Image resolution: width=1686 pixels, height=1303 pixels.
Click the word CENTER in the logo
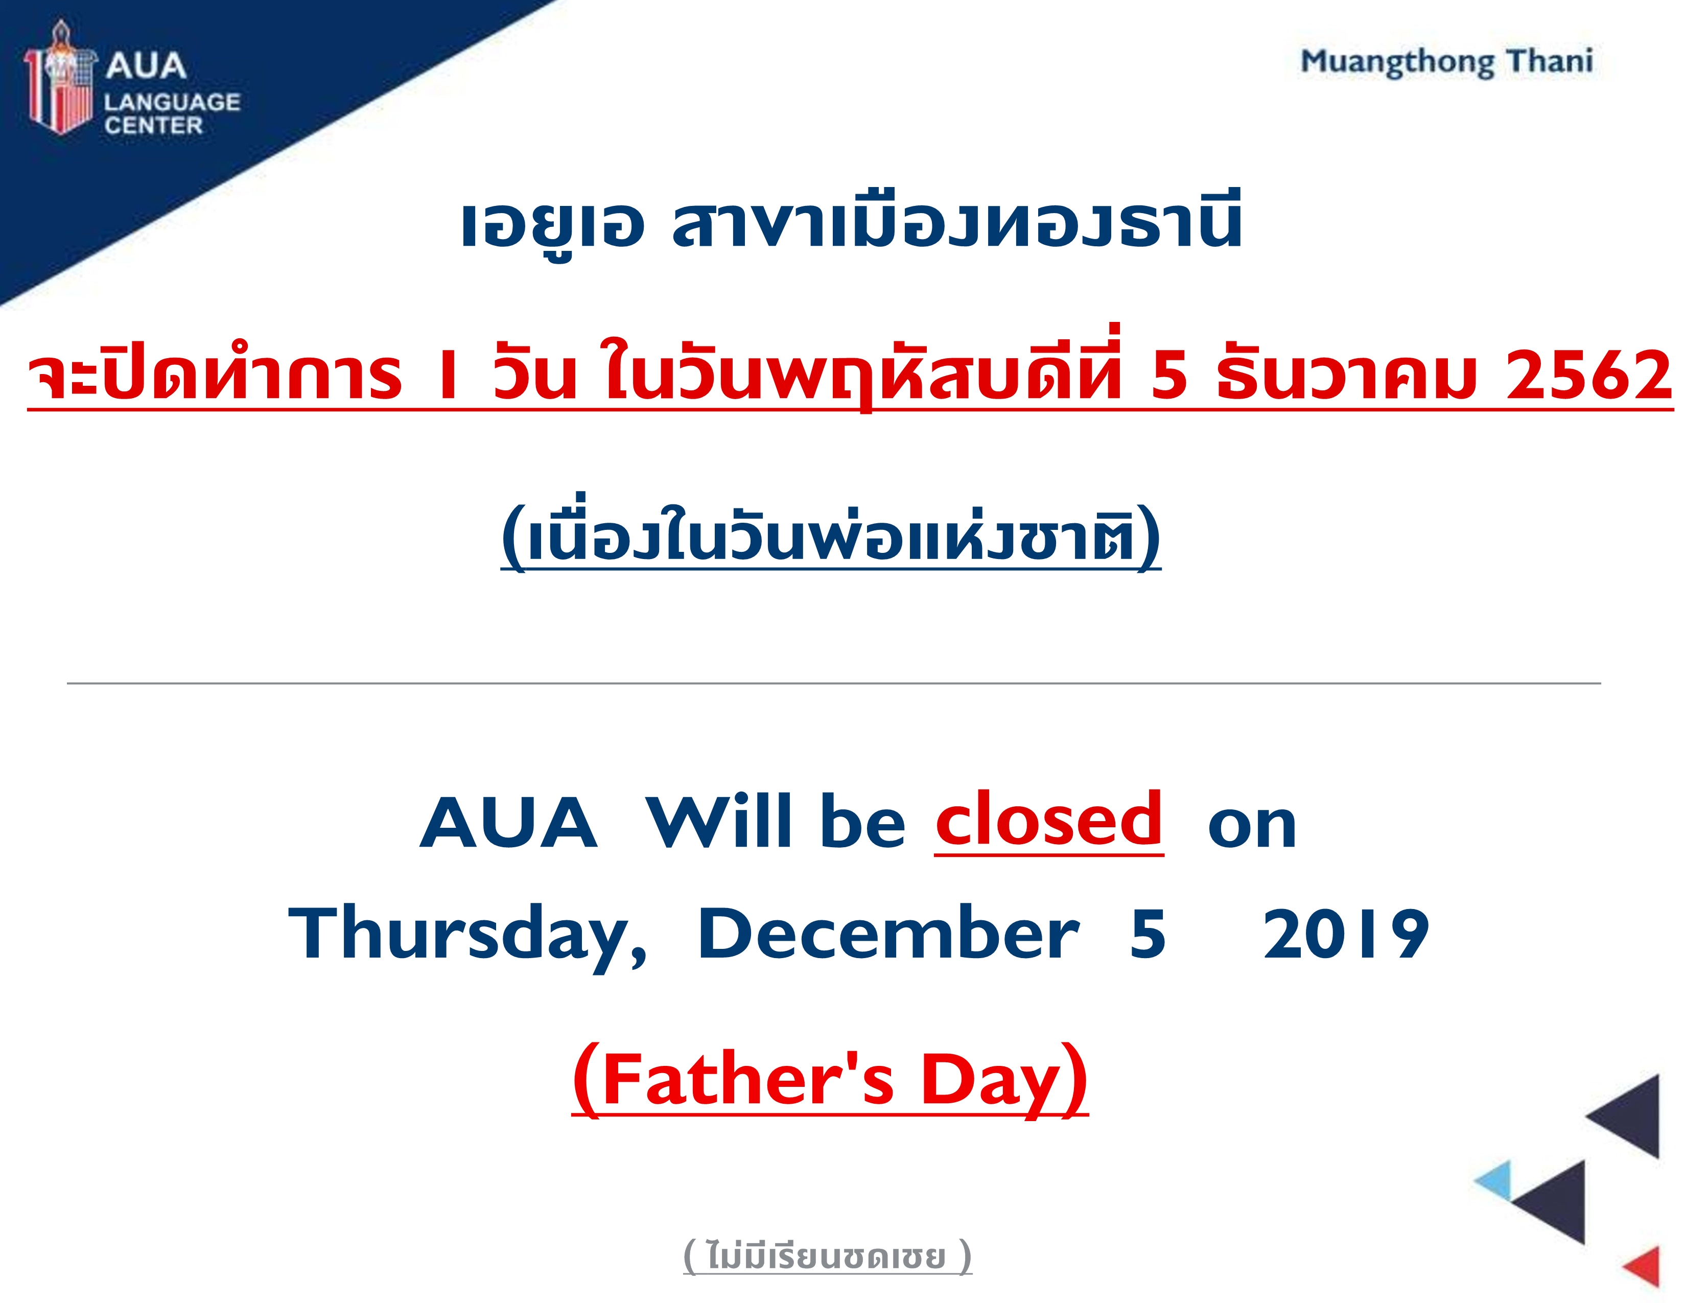154,126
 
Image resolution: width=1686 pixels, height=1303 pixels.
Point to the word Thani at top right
1550,60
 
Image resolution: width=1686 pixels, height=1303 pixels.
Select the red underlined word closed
1049,819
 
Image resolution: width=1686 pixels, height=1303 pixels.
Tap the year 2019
1346,935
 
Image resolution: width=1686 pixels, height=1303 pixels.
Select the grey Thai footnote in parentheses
828,1257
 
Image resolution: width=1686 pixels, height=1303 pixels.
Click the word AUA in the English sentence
509,822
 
